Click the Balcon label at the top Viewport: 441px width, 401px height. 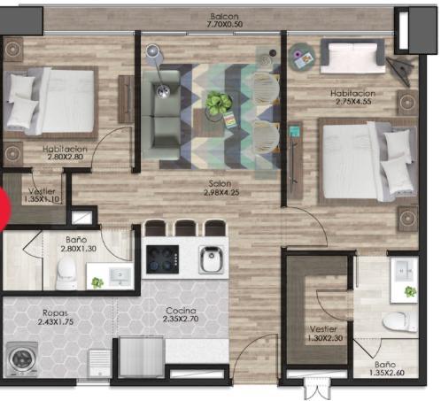tap(224, 17)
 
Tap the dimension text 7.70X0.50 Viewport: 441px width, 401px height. tap(225, 25)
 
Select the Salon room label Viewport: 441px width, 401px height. tap(220, 183)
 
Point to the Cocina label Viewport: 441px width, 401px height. tap(181, 311)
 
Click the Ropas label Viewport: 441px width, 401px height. tap(55, 313)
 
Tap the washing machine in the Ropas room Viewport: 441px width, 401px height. tap(22, 359)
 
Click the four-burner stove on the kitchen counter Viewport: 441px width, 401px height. tap(162, 259)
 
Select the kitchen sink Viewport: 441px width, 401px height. tap(211, 259)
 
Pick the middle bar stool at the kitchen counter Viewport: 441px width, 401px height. tap(185, 227)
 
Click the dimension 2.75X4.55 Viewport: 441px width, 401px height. tap(353, 102)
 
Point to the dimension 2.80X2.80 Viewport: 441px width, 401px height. tap(66, 157)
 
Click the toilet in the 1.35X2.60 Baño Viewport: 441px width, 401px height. tap(399, 321)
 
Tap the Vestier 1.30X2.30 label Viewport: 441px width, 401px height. tap(325, 334)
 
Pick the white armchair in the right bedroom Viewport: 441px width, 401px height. tap(352, 57)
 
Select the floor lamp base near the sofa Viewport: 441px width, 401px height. tap(163, 91)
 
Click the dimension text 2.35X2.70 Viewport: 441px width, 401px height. tap(181, 319)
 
